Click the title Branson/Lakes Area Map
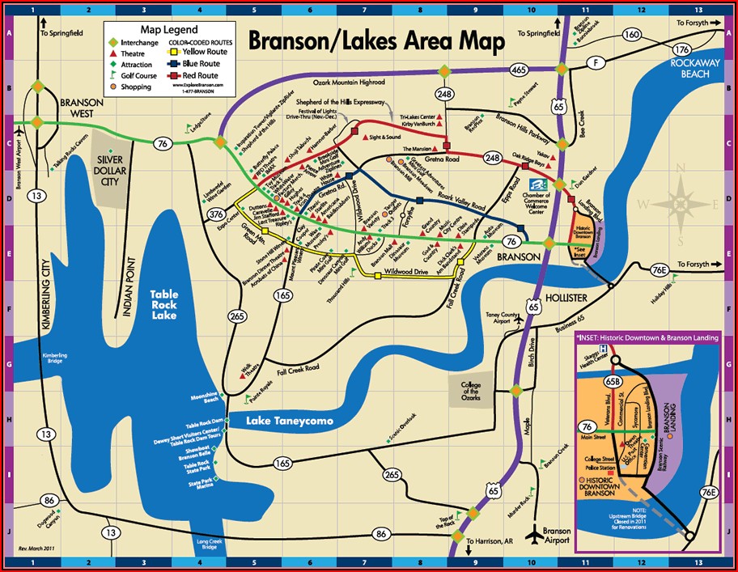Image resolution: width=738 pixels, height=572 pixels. coord(375,41)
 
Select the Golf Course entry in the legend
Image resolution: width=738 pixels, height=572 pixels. coord(137,75)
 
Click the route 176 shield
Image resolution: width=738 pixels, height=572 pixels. coord(682,49)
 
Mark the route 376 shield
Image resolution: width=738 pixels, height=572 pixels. coord(215,214)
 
